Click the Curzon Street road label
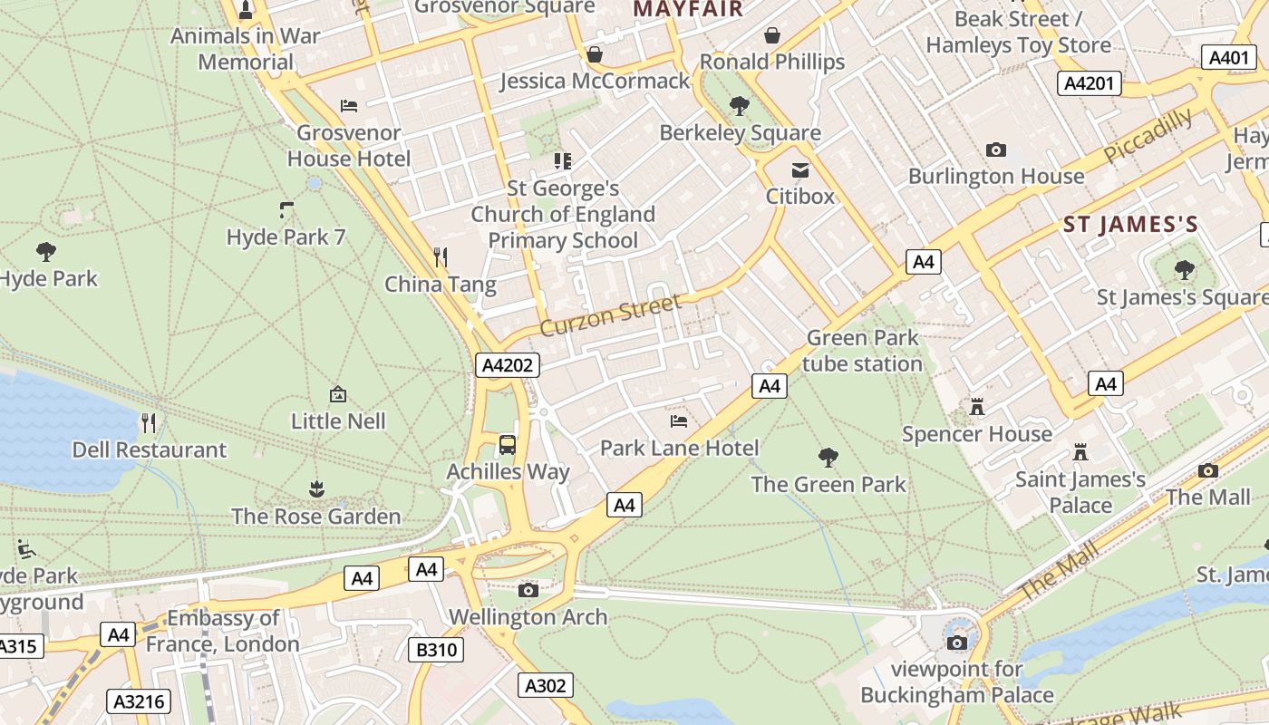pyautogui.click(x=609, y=314)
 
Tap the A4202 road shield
pyautogui.click(x=508, y=365)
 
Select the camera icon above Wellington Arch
pyautogui.click(x=528, y=591)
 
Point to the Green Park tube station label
pyautogui.click(x=863, y=351)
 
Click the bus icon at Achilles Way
pyautogui.click(x=508, y=445)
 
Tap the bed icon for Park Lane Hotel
pyautogui.click(x=679, y=421)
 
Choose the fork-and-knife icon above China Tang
pyautogui.click(x=441, y=257)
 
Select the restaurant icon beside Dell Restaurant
pyautogui.click(x=149, y=422)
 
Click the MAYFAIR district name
pyautogui.click(x=688, y=9)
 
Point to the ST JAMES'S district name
pyautogui.click(x=1130, y=225)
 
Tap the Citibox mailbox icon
pyautogui.click(x=800, y=169)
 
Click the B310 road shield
pyautogui.click(x=437, y=650)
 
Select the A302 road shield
pyautogui.click(x=546, y=685)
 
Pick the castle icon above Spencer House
pyautogui.click(x=977, y=407)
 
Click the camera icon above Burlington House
pyautogui.click(x=996, y=150)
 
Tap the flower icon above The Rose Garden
pyautogui.click(x=316, y=489)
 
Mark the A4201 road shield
pyautogui.click(x=1089, y=84)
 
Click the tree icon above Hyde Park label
pyautogui.click(x=46, y=251)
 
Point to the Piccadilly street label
pyautogui.click(x=1148, y=136)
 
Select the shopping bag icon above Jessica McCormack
pyautogui.click(x=595, y=54)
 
